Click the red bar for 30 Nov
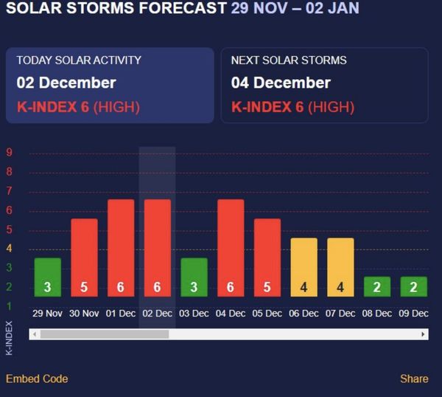(84, 258)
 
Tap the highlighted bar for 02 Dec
(157, 248)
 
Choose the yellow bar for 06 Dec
(304, 267)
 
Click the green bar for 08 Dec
(376, 286)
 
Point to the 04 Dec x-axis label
(231, 314)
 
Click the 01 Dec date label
(121, 314)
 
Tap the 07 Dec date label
(340, 314)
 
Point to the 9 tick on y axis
(10, 153)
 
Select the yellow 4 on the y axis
(10, 249)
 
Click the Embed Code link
(37, 379)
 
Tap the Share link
(414, 379)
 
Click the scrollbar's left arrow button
(34, 334)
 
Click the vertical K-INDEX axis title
(10, 338)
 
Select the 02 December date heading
(66, 83)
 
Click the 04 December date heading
(281, 83)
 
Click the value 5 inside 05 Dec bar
(267, 287)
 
